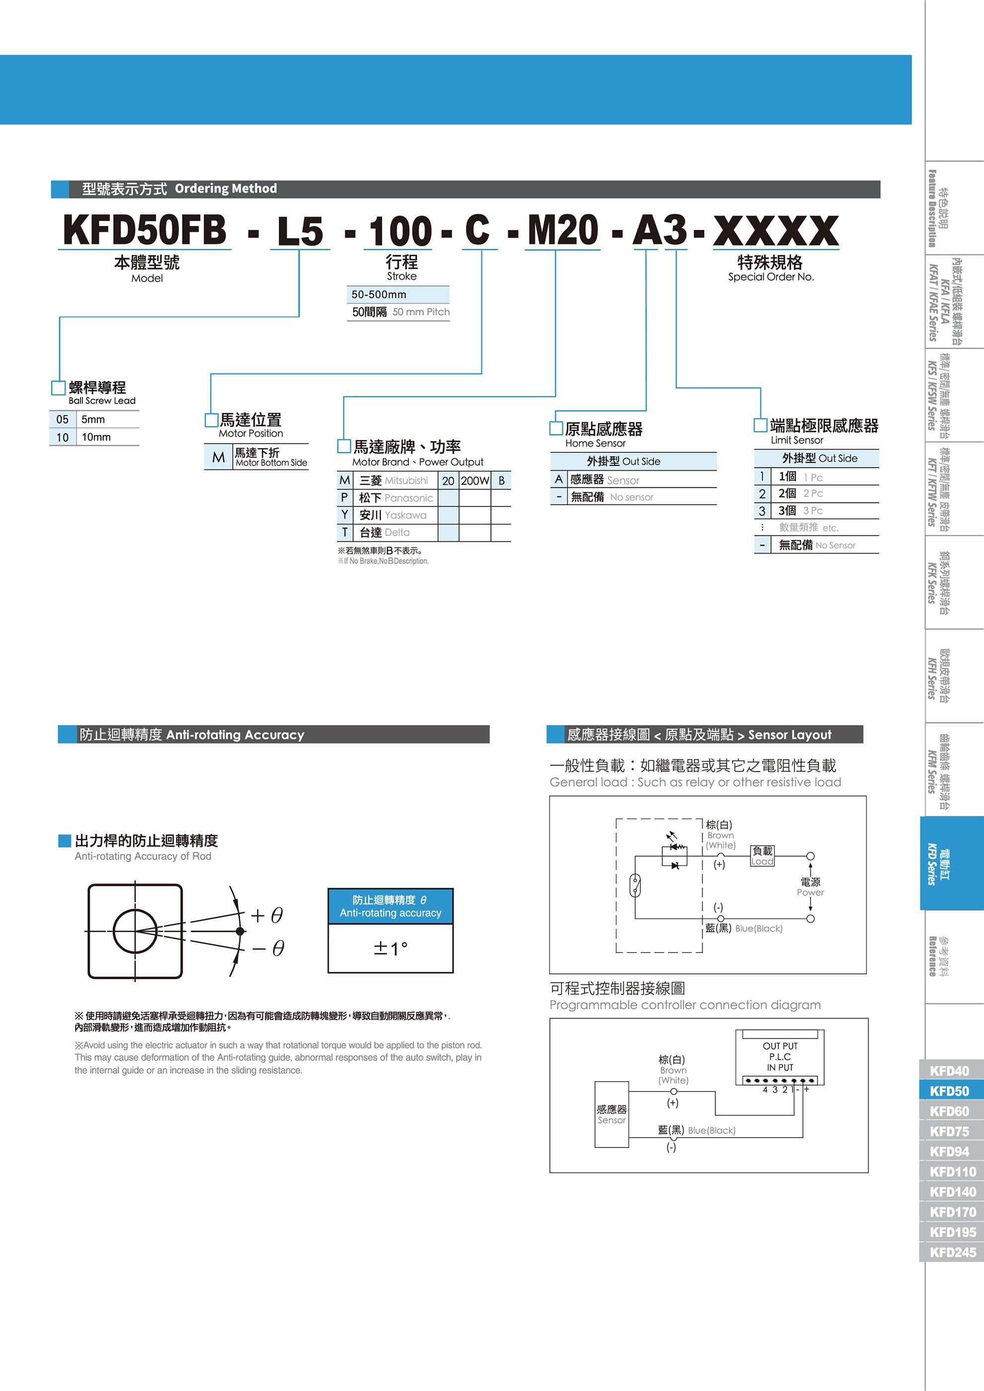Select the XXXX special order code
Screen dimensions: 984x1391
(x=776, y=231)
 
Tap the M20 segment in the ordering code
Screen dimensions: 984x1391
(x=563, y=231)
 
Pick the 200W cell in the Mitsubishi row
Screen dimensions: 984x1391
(x=475, y=480)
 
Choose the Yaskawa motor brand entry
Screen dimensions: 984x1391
(x=393, y=515)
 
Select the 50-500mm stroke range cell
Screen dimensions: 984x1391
(x=379, y=294)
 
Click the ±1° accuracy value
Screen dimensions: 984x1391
(x=391, y=948)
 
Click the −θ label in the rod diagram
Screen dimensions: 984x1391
(x=267, y=948)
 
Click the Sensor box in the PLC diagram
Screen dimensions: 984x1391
(x=612, y=1114)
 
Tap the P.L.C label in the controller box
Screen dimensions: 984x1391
(x=780, y=1057)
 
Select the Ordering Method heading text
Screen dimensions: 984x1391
(x=226, y=188)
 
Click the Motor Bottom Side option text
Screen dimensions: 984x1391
(x=271, y=463)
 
